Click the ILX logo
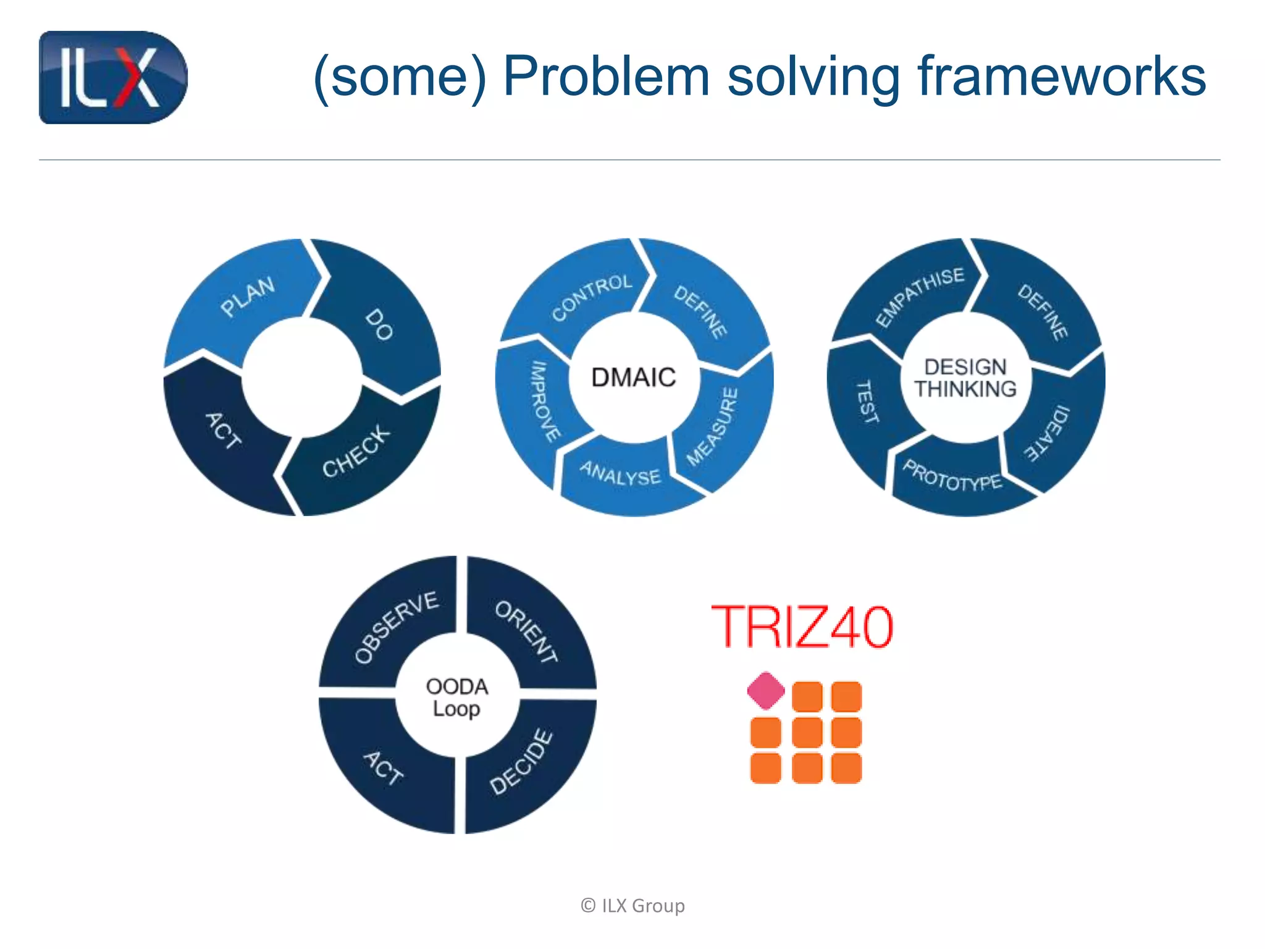(113, 77)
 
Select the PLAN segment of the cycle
(247, 297)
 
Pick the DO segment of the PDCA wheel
(378, 324)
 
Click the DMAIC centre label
(634, 377)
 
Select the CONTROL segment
(591, 297)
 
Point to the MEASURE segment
(714, 426)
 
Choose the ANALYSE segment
(620, 473)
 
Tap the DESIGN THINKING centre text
(965, 378)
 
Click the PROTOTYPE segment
(952, 476)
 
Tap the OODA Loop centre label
(456, 697)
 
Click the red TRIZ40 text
(802, 626)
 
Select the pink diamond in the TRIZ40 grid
(766, 691)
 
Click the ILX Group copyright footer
(632, 906)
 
